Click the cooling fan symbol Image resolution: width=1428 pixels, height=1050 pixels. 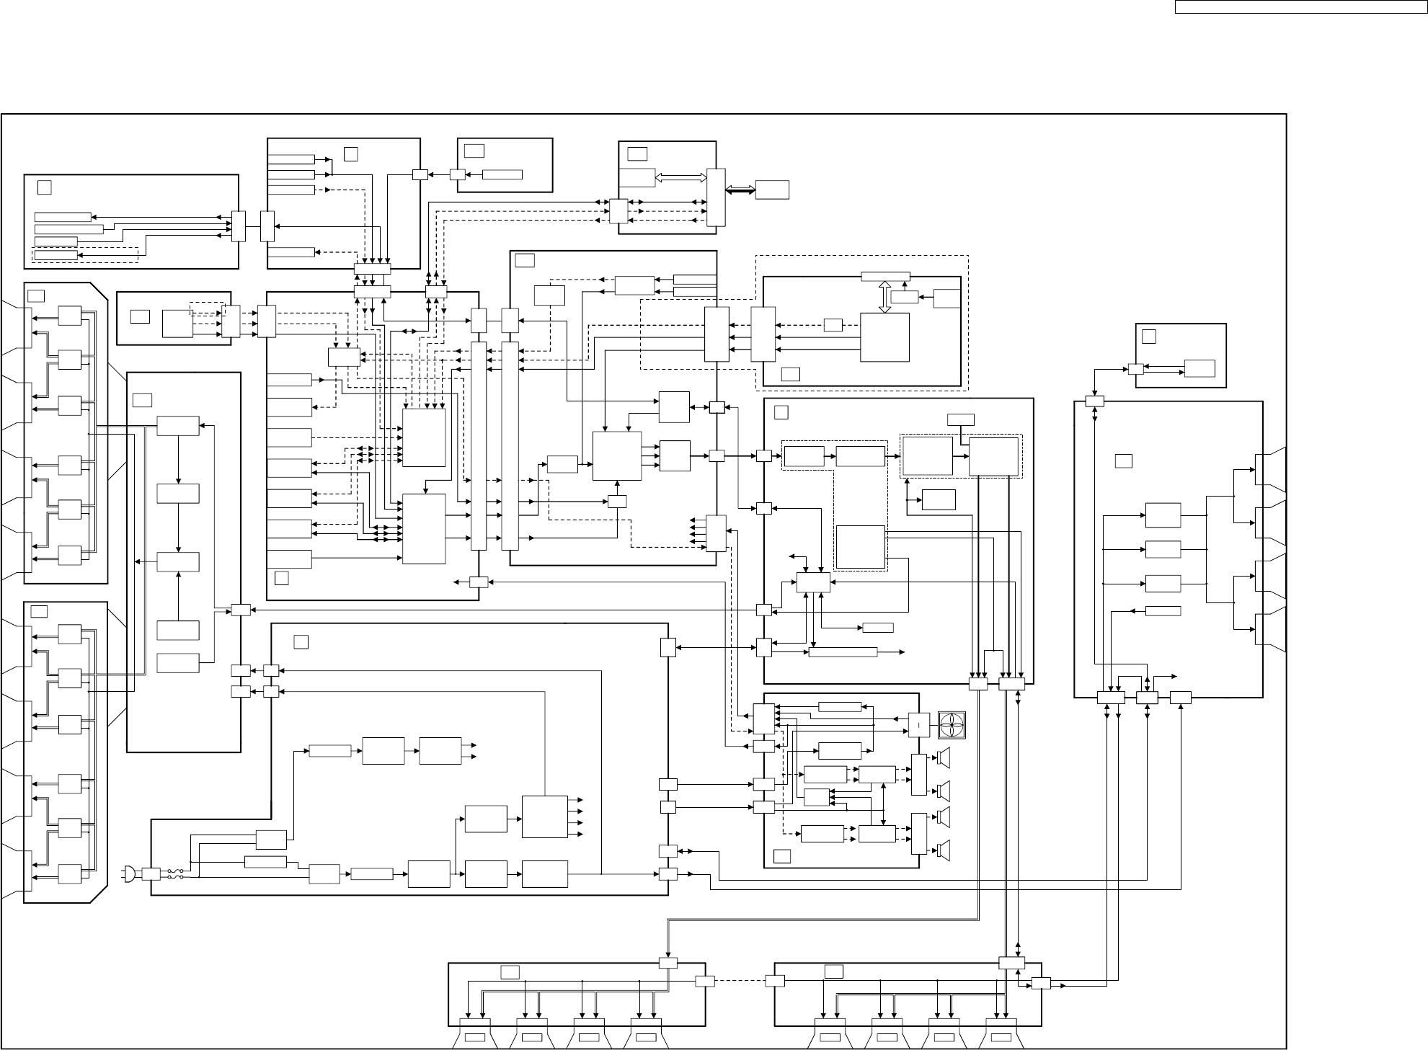[952, 724]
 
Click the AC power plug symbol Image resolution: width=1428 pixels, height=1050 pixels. [129, 874]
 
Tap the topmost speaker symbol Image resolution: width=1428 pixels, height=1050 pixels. [944, 757]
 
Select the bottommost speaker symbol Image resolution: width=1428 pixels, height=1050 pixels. [944, 850]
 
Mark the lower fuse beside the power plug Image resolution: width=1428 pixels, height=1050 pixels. [173, 877]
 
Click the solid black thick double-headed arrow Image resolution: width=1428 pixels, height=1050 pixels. [740, 190]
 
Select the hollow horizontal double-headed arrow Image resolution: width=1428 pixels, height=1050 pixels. [680, 177]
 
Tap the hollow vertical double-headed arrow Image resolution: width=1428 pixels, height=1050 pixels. [885, 297]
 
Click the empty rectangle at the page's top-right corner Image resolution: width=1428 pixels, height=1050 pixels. [1300, 7]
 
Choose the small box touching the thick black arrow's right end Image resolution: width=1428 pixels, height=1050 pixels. [772, 190]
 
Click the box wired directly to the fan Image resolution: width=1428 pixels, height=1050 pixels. [918, 724]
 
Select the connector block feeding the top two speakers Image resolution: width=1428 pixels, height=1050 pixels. [919, 775]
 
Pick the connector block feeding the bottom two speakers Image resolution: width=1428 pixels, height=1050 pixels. [919, 833]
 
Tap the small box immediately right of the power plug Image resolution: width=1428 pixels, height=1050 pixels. [151, 874]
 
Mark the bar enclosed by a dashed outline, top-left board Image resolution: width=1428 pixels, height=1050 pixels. [56, 255]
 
